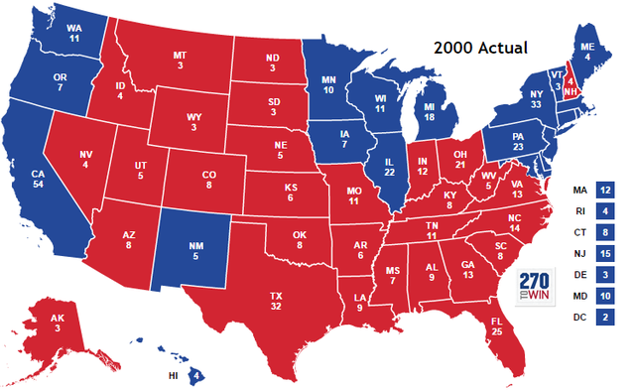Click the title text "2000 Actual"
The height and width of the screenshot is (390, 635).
[480, 47]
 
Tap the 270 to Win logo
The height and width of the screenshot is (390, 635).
[532, 285]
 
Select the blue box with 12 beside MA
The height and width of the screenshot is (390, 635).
[605, 189]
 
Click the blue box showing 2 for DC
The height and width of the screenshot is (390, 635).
[605, 318]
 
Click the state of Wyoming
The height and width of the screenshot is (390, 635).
[194, 124]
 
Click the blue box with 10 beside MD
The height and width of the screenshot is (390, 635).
[605, 297]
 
